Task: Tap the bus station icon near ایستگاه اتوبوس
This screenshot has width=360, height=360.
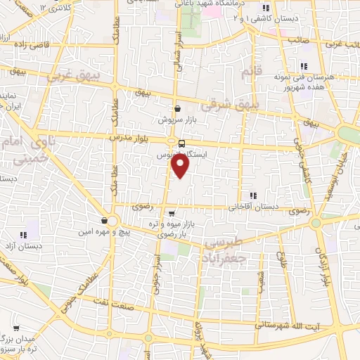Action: [182, 143]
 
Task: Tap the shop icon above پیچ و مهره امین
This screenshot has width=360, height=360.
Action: [103, 220]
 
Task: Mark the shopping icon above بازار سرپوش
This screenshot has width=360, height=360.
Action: [176, 109]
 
